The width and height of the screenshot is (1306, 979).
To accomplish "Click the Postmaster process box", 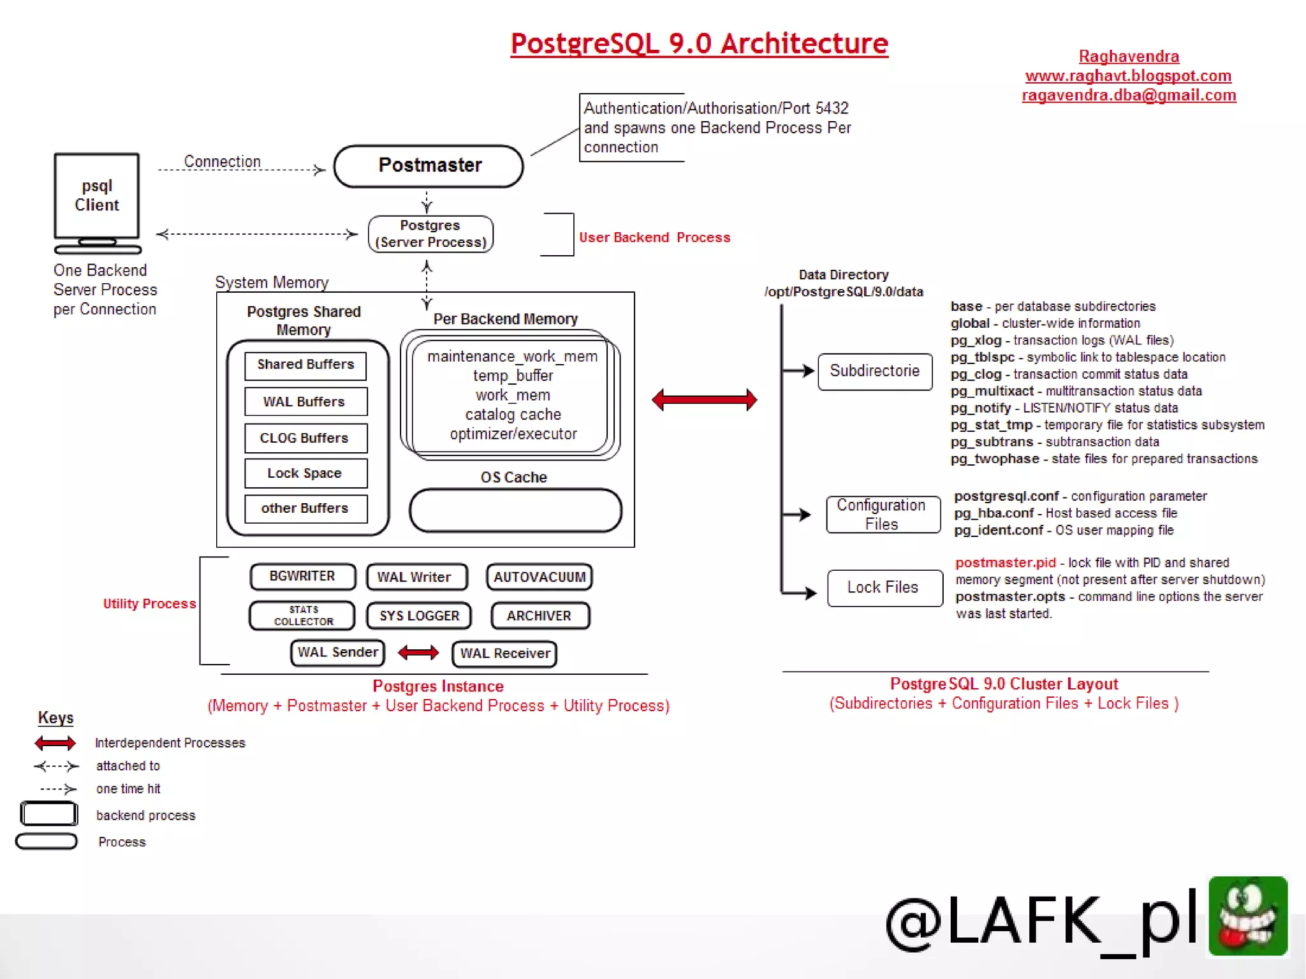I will click(429, 166).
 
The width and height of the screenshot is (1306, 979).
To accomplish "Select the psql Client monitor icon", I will click(97, 201).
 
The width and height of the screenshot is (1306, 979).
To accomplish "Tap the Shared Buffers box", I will click(305, 365).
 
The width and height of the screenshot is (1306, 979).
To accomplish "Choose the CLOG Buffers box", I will click(305, 438).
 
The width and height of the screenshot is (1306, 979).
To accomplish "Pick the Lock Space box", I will click(305, 473).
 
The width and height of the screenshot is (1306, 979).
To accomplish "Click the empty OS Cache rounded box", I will click(515, 510).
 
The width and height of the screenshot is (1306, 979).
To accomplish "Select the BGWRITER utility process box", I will click(302, 577).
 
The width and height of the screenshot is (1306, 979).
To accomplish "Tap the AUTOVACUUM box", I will click(539, 577).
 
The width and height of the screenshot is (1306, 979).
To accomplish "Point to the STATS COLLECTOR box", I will click(302, 615).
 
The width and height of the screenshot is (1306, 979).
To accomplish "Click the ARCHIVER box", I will click(539, 616).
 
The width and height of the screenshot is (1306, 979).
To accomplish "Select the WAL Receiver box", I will click(504, 654).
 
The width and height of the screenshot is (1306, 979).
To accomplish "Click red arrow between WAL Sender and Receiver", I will click(418, 652).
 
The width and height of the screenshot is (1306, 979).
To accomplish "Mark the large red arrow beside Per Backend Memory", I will click(705, 400).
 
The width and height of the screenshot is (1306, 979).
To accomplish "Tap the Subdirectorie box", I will click(875, 371).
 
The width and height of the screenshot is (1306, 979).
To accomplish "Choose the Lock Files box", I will click(884, 587).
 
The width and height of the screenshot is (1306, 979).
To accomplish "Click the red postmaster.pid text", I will click(1005, 563).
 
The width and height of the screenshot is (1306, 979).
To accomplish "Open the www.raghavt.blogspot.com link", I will click(1128, 76).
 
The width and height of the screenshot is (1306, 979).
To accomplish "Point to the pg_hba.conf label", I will click(994, 513).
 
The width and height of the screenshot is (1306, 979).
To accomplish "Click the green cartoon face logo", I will click(1247, 916).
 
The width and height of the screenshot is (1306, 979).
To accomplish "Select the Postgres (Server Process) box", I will click(430, 234).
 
